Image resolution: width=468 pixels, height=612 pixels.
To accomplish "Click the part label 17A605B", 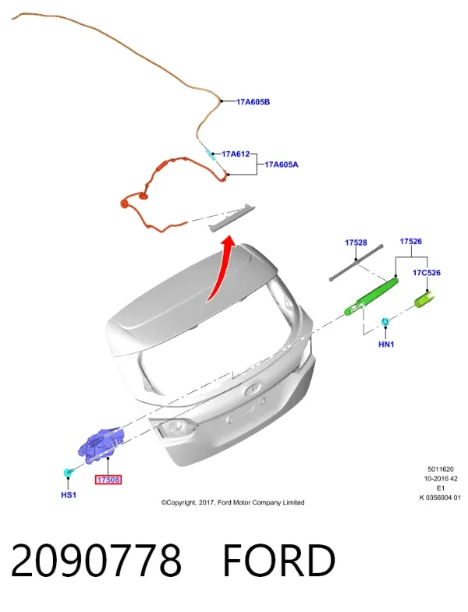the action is click(x=253, y=102).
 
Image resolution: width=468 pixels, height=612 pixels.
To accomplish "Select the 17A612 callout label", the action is click(x=236, y=154).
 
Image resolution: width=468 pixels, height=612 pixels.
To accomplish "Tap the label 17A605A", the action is click(x=282, y=164).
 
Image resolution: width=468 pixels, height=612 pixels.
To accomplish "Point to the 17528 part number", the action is click(x=356, y=242).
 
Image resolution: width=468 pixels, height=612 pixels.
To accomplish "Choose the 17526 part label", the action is click(x=410, y=241).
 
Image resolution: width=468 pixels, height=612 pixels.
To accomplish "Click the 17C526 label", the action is click(x=427, y=272).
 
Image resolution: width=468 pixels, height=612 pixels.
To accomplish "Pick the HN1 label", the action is click(x=386, y=345).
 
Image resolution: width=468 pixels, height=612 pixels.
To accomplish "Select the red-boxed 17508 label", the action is click(x=108, y=479).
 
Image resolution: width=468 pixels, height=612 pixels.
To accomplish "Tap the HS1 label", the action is click(x=69, y=495).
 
